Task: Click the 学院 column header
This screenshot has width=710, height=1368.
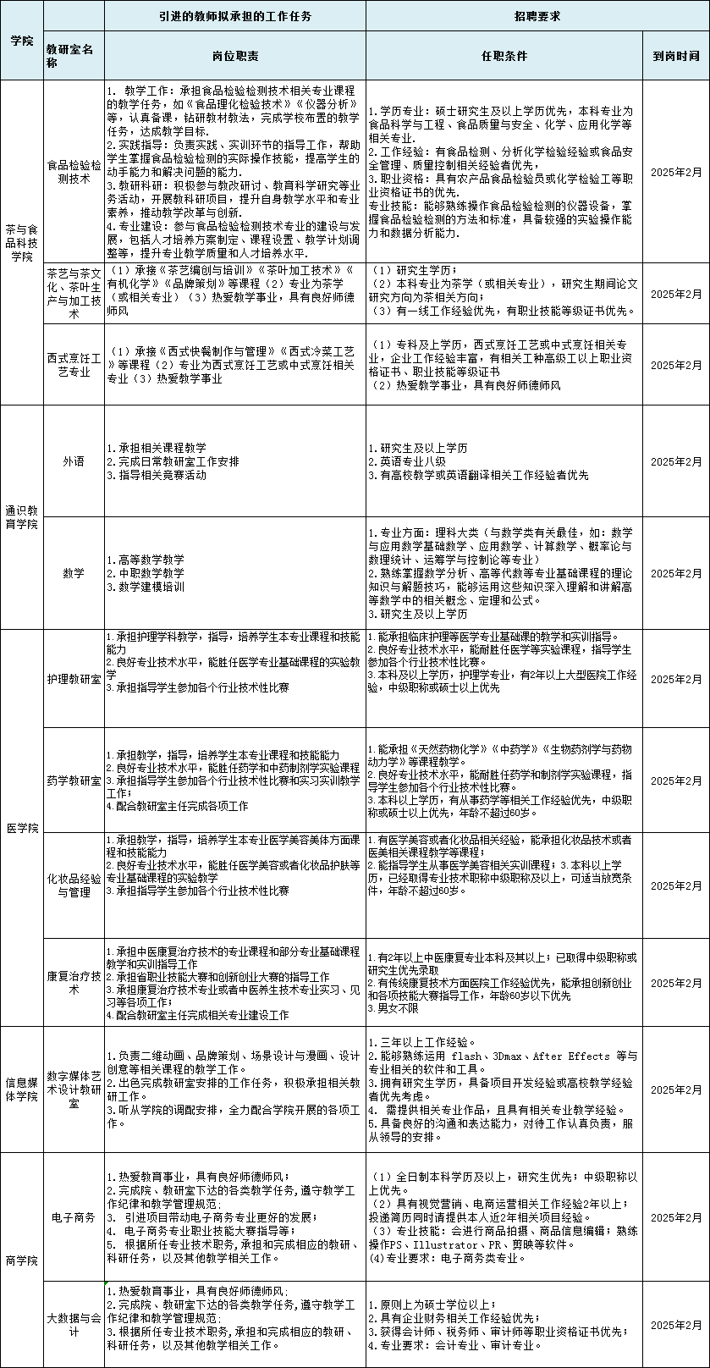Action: click(x=22, y=41)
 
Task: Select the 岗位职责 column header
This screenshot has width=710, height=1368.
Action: click(x=235, y=56)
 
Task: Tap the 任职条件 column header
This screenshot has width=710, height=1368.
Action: click(x=504, y=56)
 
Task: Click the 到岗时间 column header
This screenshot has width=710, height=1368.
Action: click(x=675, y=56)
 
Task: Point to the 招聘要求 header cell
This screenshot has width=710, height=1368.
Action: click(x=537, y=16)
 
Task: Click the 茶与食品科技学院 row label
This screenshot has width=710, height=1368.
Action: click(x=22, y=243)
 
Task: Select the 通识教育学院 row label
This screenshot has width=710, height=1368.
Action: click(x=22, y=517)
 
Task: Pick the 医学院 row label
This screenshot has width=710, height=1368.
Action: click(x=22, y=827)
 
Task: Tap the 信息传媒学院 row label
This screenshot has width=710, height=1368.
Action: click(x=22, y=1089)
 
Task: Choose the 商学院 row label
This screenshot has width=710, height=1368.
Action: click(x=22, y=1260)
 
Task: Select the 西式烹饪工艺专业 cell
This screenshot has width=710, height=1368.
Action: click(x=74, y=365)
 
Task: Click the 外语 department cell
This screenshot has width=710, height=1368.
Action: click(x=74, y=461)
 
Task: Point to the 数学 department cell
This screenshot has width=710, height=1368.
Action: click(x=74, y=573)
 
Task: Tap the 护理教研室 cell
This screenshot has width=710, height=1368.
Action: click(x=74, y=679)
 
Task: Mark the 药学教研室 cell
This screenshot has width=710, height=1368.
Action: click(x=74, y=780)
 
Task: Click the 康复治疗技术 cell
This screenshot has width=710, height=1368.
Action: click(x=74, y=982)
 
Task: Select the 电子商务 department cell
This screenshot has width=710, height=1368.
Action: click(x=74, y=1216)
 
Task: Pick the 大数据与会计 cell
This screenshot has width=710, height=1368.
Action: click(x=74, y=1325)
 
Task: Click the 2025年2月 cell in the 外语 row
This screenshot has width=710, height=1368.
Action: click(x=675, y=461)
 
